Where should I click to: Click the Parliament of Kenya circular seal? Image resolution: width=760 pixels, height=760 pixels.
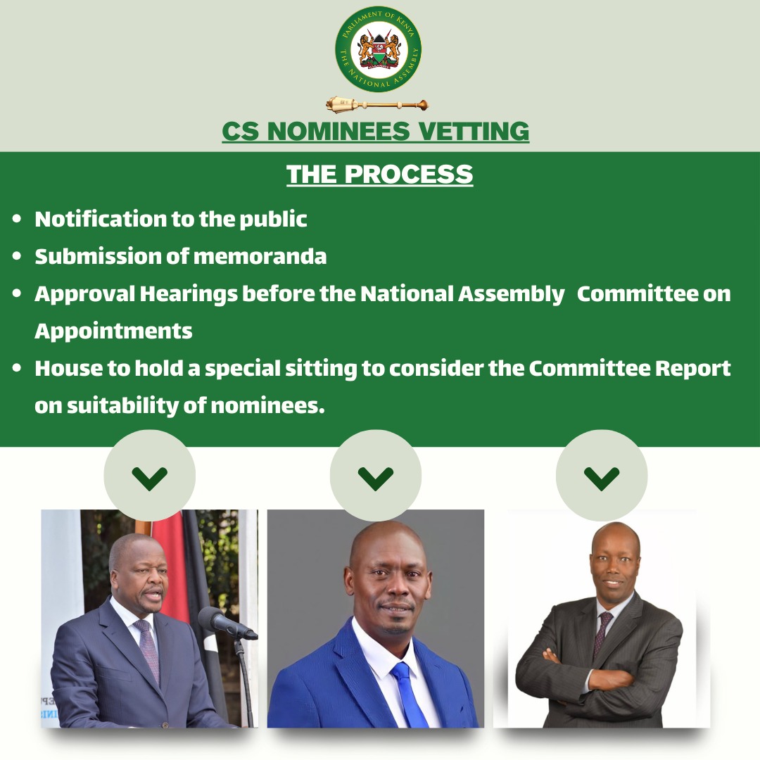click(x=378, y=49)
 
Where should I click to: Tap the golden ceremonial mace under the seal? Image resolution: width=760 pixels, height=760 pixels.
click(x=377, y=103)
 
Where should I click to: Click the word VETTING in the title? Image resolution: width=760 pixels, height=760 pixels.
click(x=474, y=132)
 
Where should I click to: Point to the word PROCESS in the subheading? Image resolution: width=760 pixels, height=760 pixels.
click(x=409, y=174)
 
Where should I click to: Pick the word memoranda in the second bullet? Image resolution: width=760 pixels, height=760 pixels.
click(x=260, y=256)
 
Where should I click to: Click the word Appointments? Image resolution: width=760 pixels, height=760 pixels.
click(x=113, y=331)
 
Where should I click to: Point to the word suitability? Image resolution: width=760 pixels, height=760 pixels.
click(x=122, y=406)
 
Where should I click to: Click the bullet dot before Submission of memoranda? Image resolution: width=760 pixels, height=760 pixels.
click(x=17, y=256)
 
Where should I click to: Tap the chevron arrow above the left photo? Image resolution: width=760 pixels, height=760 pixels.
click(x=150, y=479)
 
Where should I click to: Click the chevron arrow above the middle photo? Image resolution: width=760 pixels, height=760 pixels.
click(x=376, y=479)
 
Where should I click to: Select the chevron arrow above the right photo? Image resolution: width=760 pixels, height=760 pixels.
click(x=602, y=479)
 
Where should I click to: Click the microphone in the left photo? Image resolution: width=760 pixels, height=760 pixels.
click(x=227, y=623)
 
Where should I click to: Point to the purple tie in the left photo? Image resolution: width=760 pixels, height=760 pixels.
click(x=147, y=650)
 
